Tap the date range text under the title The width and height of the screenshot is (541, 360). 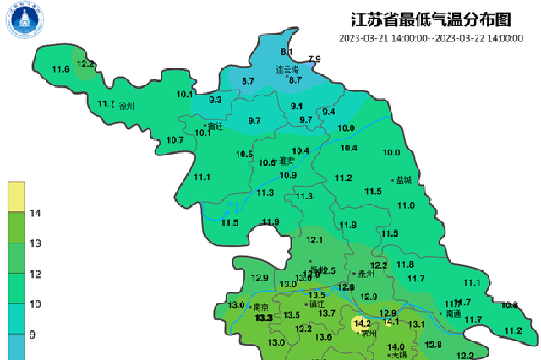pyautogui.click(x=430, y=38)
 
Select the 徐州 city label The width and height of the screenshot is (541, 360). pyautogui.click(x=128, y=106)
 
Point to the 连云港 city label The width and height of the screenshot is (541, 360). pyautogui.click(x=287, y=69)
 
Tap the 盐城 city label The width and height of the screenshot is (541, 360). pyautogui.click(x=402, y=180)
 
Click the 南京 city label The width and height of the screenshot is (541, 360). pyautogui.click(x=260, y=308)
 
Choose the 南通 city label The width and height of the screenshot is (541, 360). pyautogui.click(x=453, y=314)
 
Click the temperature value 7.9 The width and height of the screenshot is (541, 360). pyautogui.click(x=314, y=58)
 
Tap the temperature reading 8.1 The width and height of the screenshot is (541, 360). pyautogui.click(x=286, y=52)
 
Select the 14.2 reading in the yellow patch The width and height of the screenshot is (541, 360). pyautogui.click(x=363, y=323)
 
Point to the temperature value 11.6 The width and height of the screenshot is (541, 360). pyautogui.click(x=61, y=68)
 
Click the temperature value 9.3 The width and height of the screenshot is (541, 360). pyautogui.click(x=215, y=101)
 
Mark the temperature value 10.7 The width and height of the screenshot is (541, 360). pyautogui.click(x=175, y=139)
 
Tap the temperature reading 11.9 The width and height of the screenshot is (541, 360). pyautogui.click(x=270, y=221)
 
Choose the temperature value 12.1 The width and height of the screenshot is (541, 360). pyautogui.click(x=315, y=240)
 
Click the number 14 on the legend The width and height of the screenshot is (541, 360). pyautogui.click(x=36, y=215)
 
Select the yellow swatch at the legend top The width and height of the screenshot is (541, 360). pyautogui.click(x=16, y=196)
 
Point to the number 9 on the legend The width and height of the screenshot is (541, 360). pyautogui.click(x=32, y=335)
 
